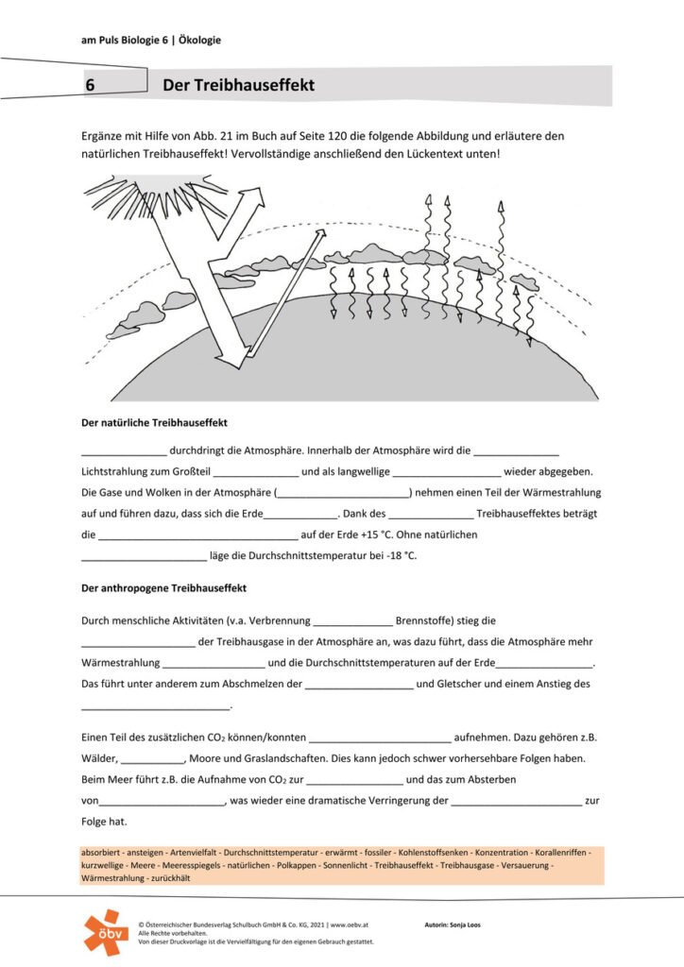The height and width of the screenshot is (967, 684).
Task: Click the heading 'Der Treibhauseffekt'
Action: click(x=238, y=86)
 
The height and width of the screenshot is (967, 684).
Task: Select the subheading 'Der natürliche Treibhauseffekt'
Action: click(x=154, y=422)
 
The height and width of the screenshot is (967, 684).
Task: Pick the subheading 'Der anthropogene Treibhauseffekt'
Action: click(x=164, y=588)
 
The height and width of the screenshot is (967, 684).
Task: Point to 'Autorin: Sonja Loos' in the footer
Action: click(x=453, y=925)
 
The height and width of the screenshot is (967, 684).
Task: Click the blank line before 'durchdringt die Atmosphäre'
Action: click(x=124, y=451)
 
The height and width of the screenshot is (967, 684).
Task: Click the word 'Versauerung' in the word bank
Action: click(x=523, y=865)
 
